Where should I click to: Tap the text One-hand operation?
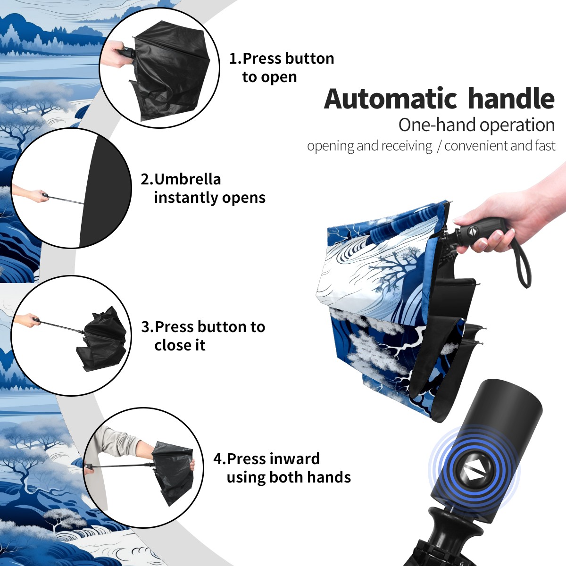pos(476,125)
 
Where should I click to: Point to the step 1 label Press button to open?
pos(282,67)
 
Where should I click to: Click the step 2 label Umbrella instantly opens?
pos(203,188)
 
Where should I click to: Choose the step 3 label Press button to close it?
pos(203,336)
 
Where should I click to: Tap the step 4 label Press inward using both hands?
pos(282,468)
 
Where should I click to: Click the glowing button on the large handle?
pos(473,471)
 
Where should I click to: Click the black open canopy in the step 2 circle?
pos(104,191)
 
